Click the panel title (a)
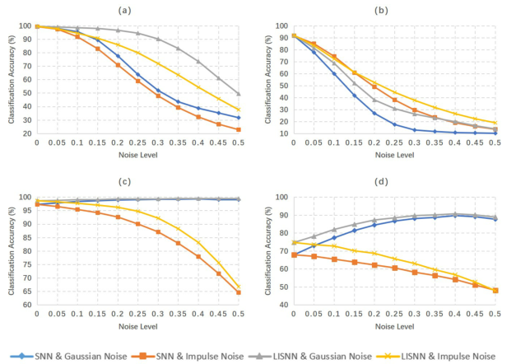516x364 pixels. [136, 10]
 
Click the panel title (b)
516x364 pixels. [393, 10]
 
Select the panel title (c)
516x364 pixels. [136, 183]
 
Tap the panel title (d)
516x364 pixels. [393, 183]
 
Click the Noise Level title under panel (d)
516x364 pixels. [393, 327]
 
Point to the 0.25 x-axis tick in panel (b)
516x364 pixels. [394, 142]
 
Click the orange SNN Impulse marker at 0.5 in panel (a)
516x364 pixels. [238, 129]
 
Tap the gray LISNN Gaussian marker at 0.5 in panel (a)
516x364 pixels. [238, 94]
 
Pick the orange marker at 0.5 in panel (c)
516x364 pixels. [238, 292]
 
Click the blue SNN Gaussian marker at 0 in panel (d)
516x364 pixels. [294, 254]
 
